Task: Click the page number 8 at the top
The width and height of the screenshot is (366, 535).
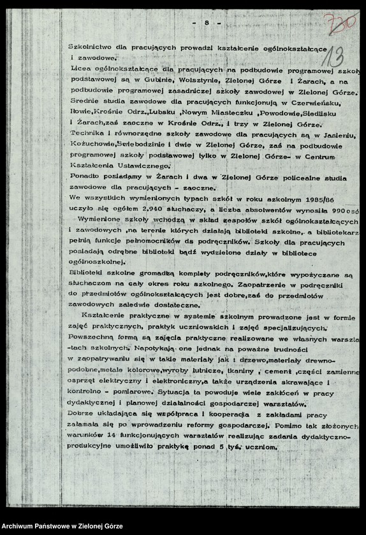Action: pos(207,23)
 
